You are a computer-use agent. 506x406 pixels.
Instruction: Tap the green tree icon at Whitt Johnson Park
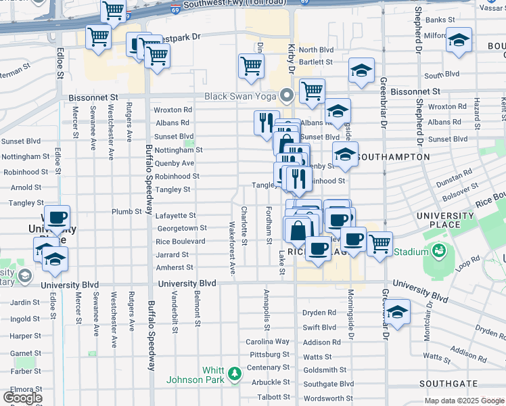(234, 374)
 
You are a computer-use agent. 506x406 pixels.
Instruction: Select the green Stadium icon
(439, 252)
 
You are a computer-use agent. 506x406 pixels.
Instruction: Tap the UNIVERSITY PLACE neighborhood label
(444, 221)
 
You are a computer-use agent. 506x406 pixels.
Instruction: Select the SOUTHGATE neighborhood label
(444, 384)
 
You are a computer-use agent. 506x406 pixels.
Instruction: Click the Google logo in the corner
(22, 397)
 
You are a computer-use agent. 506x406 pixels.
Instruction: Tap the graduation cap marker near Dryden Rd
(398, 311)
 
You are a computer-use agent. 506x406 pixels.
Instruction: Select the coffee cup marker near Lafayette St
(57, 217)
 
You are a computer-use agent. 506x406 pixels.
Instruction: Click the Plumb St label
(127, 212)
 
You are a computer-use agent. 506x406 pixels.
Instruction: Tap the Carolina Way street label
(267, 342)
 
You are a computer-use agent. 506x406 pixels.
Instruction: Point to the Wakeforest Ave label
(231, 248)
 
